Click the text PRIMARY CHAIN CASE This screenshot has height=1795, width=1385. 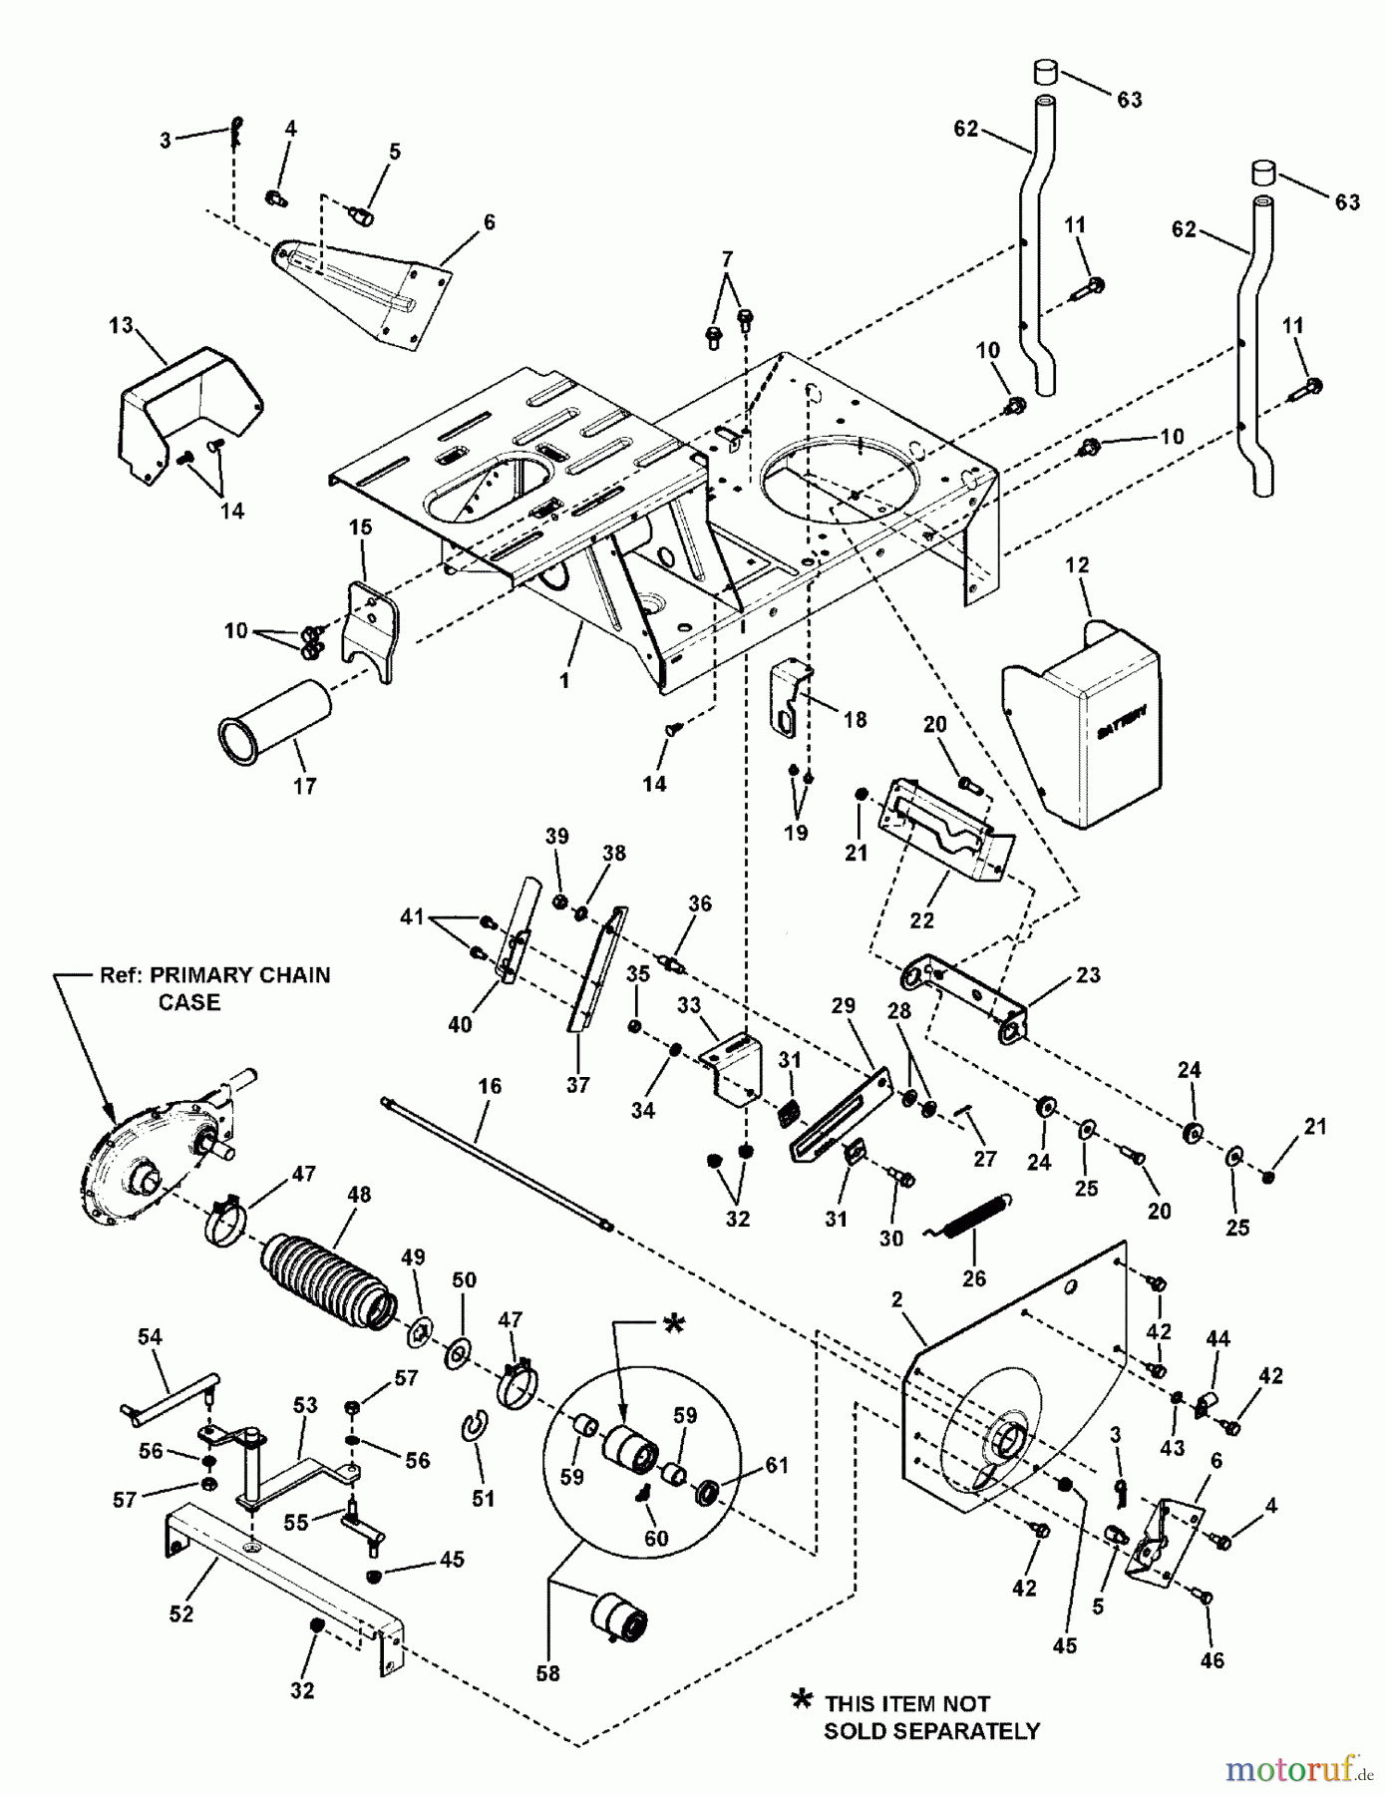coord(214,987)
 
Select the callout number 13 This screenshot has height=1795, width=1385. coord(121,326)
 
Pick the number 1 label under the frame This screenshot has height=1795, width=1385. coord(565,681)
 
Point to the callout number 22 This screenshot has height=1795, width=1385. coord(921,919)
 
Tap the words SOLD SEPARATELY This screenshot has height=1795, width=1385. coord(930,1731)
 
